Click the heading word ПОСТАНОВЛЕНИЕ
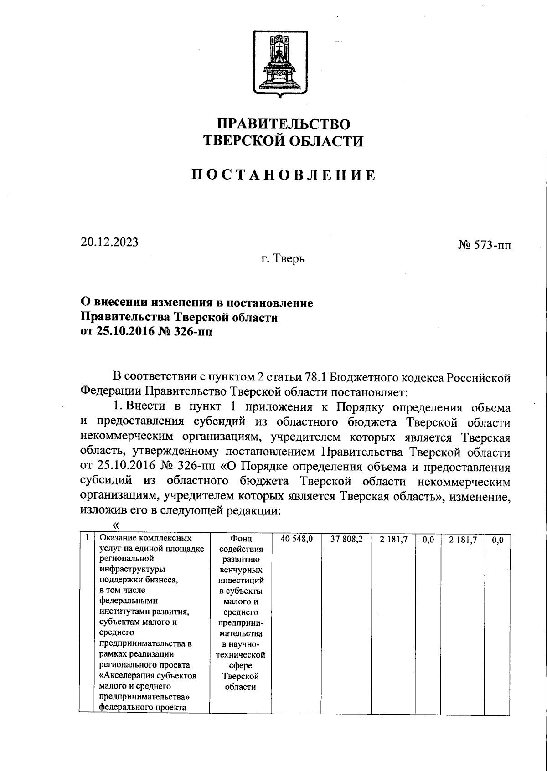pyautogui.click(x=283, y=175)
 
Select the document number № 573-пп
pyautogui.click(x=485, y=246)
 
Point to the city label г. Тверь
pyautogui.click(x=283, y=259)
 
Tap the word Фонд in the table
pyautogui.click(x=241, y=539)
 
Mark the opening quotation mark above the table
pyautogui.click(x=115, y=525)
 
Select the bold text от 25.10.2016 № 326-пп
pyautogui.click(x=146, y=332)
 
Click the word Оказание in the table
pyautogui.click(x=117, y=538)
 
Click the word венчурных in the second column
pyautogui.click(x=240, y=570)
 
